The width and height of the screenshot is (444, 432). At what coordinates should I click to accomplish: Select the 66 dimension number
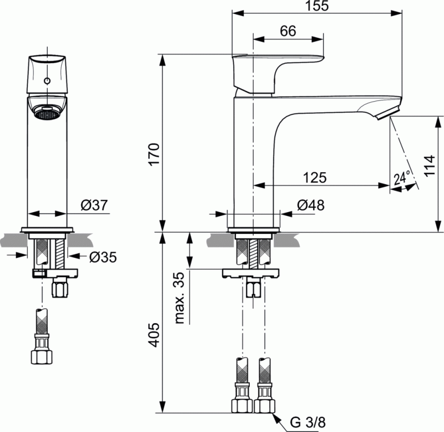point(287,31)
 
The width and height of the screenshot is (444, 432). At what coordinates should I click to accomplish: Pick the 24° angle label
point(402,178)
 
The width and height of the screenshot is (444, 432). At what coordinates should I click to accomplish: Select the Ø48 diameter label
point(310,205)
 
